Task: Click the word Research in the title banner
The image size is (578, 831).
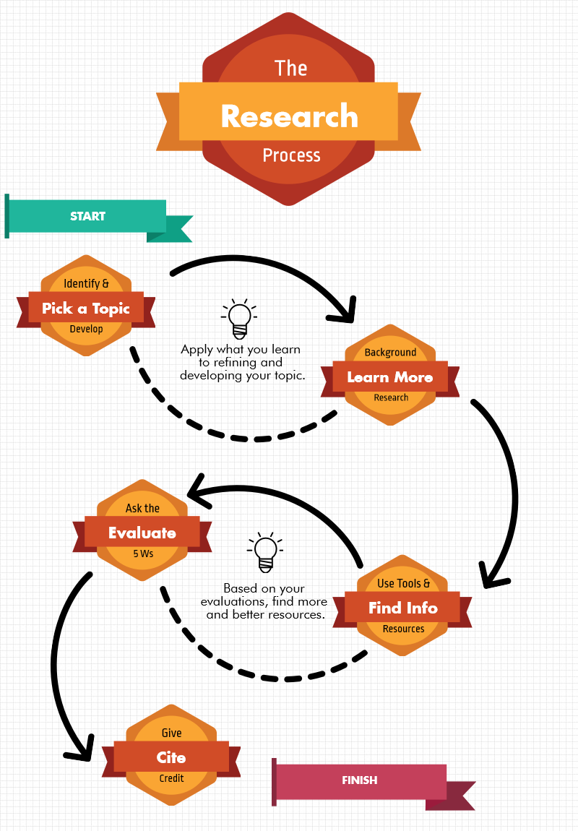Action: pos(289,116)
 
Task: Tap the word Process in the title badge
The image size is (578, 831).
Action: pos(291,155)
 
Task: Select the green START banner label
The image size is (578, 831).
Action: pos(87,216)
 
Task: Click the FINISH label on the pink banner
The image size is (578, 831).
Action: pos(359,780)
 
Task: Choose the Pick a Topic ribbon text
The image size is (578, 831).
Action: pos(86,309)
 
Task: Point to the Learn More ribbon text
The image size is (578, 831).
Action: pos(389,377)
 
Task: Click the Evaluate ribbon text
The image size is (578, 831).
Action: pos(142,533)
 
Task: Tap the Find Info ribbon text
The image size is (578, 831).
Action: pos(402,608)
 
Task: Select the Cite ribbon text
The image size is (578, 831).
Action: pos(171,757)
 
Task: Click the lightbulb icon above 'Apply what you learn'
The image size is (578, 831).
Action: pos(239,318)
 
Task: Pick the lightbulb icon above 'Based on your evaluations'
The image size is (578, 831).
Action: pos(265,552)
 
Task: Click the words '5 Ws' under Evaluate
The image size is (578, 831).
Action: pos(143,554)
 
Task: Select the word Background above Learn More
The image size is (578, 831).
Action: pos(390,353)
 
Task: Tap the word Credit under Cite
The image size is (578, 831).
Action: pos(171,778)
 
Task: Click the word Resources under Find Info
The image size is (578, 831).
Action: pos(403,629)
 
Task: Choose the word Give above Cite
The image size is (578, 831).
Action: pos(171,733)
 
